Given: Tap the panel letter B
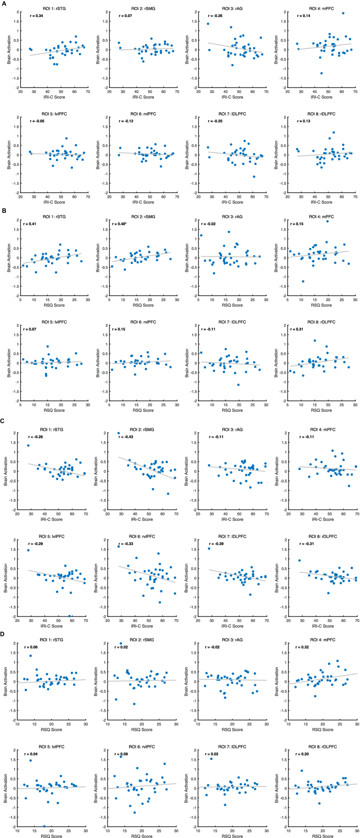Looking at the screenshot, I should click(4, 211).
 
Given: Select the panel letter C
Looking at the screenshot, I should click(2, 421).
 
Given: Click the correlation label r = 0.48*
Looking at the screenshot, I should click(119, 224).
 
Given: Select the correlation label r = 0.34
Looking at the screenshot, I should click(37, 16).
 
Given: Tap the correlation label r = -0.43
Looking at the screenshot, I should click(126, 437).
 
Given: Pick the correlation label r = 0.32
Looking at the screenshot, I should click(302, 647).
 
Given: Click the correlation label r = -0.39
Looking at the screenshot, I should click(216, 544).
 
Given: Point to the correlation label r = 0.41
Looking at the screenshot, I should click(29, 224).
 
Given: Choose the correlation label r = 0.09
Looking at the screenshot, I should click(121, 754).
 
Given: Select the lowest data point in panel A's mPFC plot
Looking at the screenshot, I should click(321, 73).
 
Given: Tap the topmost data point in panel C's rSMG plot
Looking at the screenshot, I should click(118, 433).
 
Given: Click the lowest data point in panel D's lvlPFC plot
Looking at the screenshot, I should click(44, 826).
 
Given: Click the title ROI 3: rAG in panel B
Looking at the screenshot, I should click(232, 217).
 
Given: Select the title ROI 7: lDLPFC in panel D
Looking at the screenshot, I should click(232, 746).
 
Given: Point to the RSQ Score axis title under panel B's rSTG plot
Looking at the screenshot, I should click(54, 305).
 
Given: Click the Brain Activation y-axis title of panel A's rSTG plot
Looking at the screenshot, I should click(9, 50).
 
